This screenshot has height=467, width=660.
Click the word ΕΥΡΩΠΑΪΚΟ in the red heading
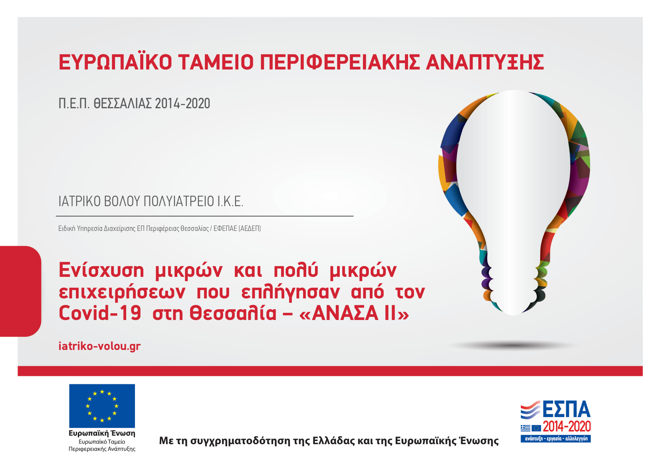pyautogui.click(x=115, y=62)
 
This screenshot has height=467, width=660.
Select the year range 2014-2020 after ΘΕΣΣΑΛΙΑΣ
pyautogui.click(x=182, y=103)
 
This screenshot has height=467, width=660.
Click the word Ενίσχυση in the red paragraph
pyautogui.click(x=101, y=270)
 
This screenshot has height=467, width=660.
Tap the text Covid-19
pyautogui.click(x=100, y=313)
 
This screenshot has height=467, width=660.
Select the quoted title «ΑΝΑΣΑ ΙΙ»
pyautogui.click(x=354, y=313)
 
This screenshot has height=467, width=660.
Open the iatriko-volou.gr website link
pyautogui.click(x=99, y=346)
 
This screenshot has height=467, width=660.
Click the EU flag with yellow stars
pyautogui.click(x=102, y=406)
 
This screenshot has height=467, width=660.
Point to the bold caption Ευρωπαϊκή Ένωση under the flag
pyautogui.click(x=102, y=433)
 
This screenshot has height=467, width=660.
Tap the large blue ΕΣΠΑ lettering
pyautogui.click(x=566, y=409)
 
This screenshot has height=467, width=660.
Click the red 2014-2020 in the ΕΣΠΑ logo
pyautogui.click(x=567, y=427)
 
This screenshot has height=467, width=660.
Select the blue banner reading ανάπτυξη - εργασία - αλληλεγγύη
pyautogui.click(x=556, y=439)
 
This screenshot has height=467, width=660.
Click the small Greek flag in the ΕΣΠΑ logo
pyautogui.click(x=525, y=428)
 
